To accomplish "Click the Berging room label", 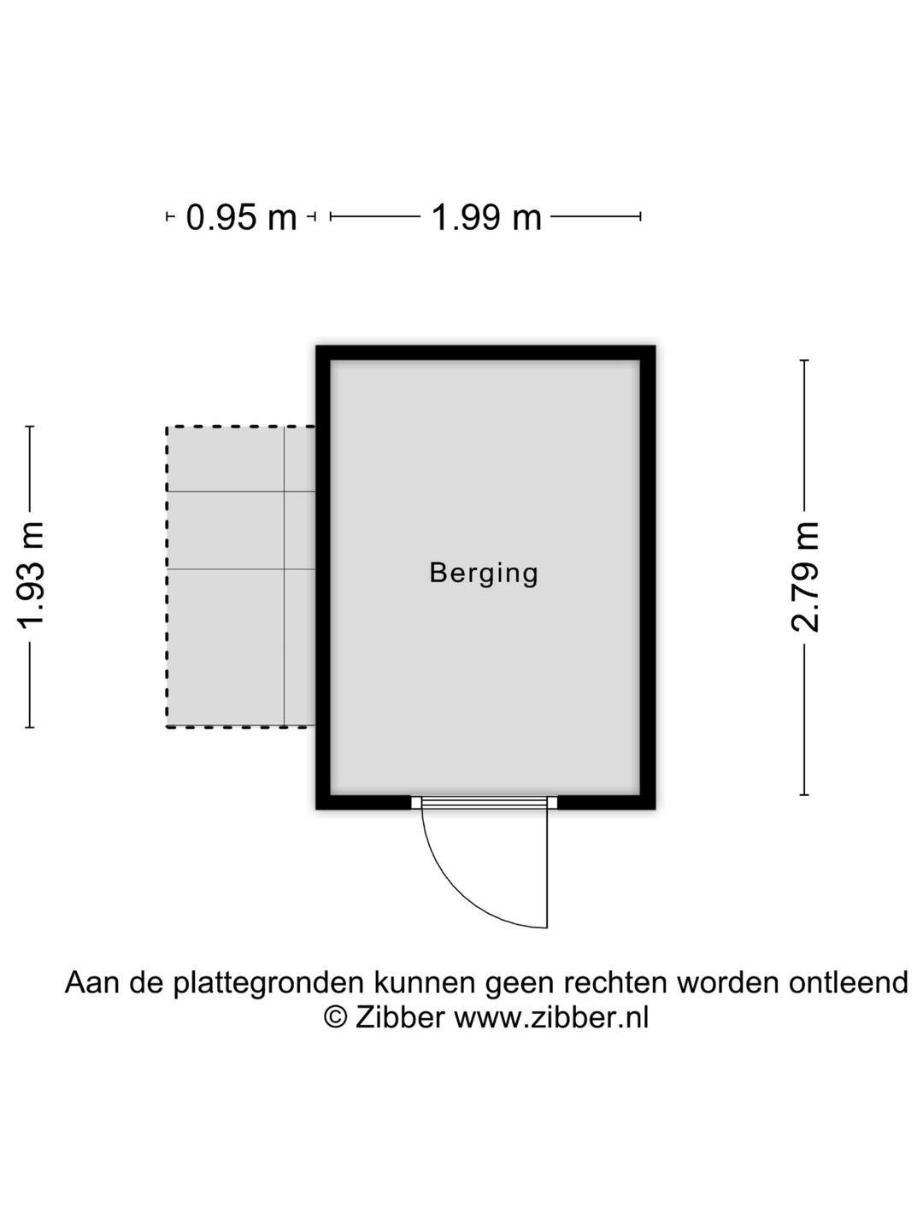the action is tap(484, 574).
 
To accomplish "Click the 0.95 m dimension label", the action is tap(241, 218).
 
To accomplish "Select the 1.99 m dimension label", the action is tap(486, 218).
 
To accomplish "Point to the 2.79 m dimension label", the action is tap(804, 577).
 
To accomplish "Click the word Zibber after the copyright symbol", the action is tap(400, 1016).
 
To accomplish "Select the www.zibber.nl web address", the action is tap(551, 1016).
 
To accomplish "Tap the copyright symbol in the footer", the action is tap(335, 1016).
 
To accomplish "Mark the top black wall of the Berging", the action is tap(485, 353).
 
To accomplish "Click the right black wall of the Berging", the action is tap(648, 578).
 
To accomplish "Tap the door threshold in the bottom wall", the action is tap(485, 803).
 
